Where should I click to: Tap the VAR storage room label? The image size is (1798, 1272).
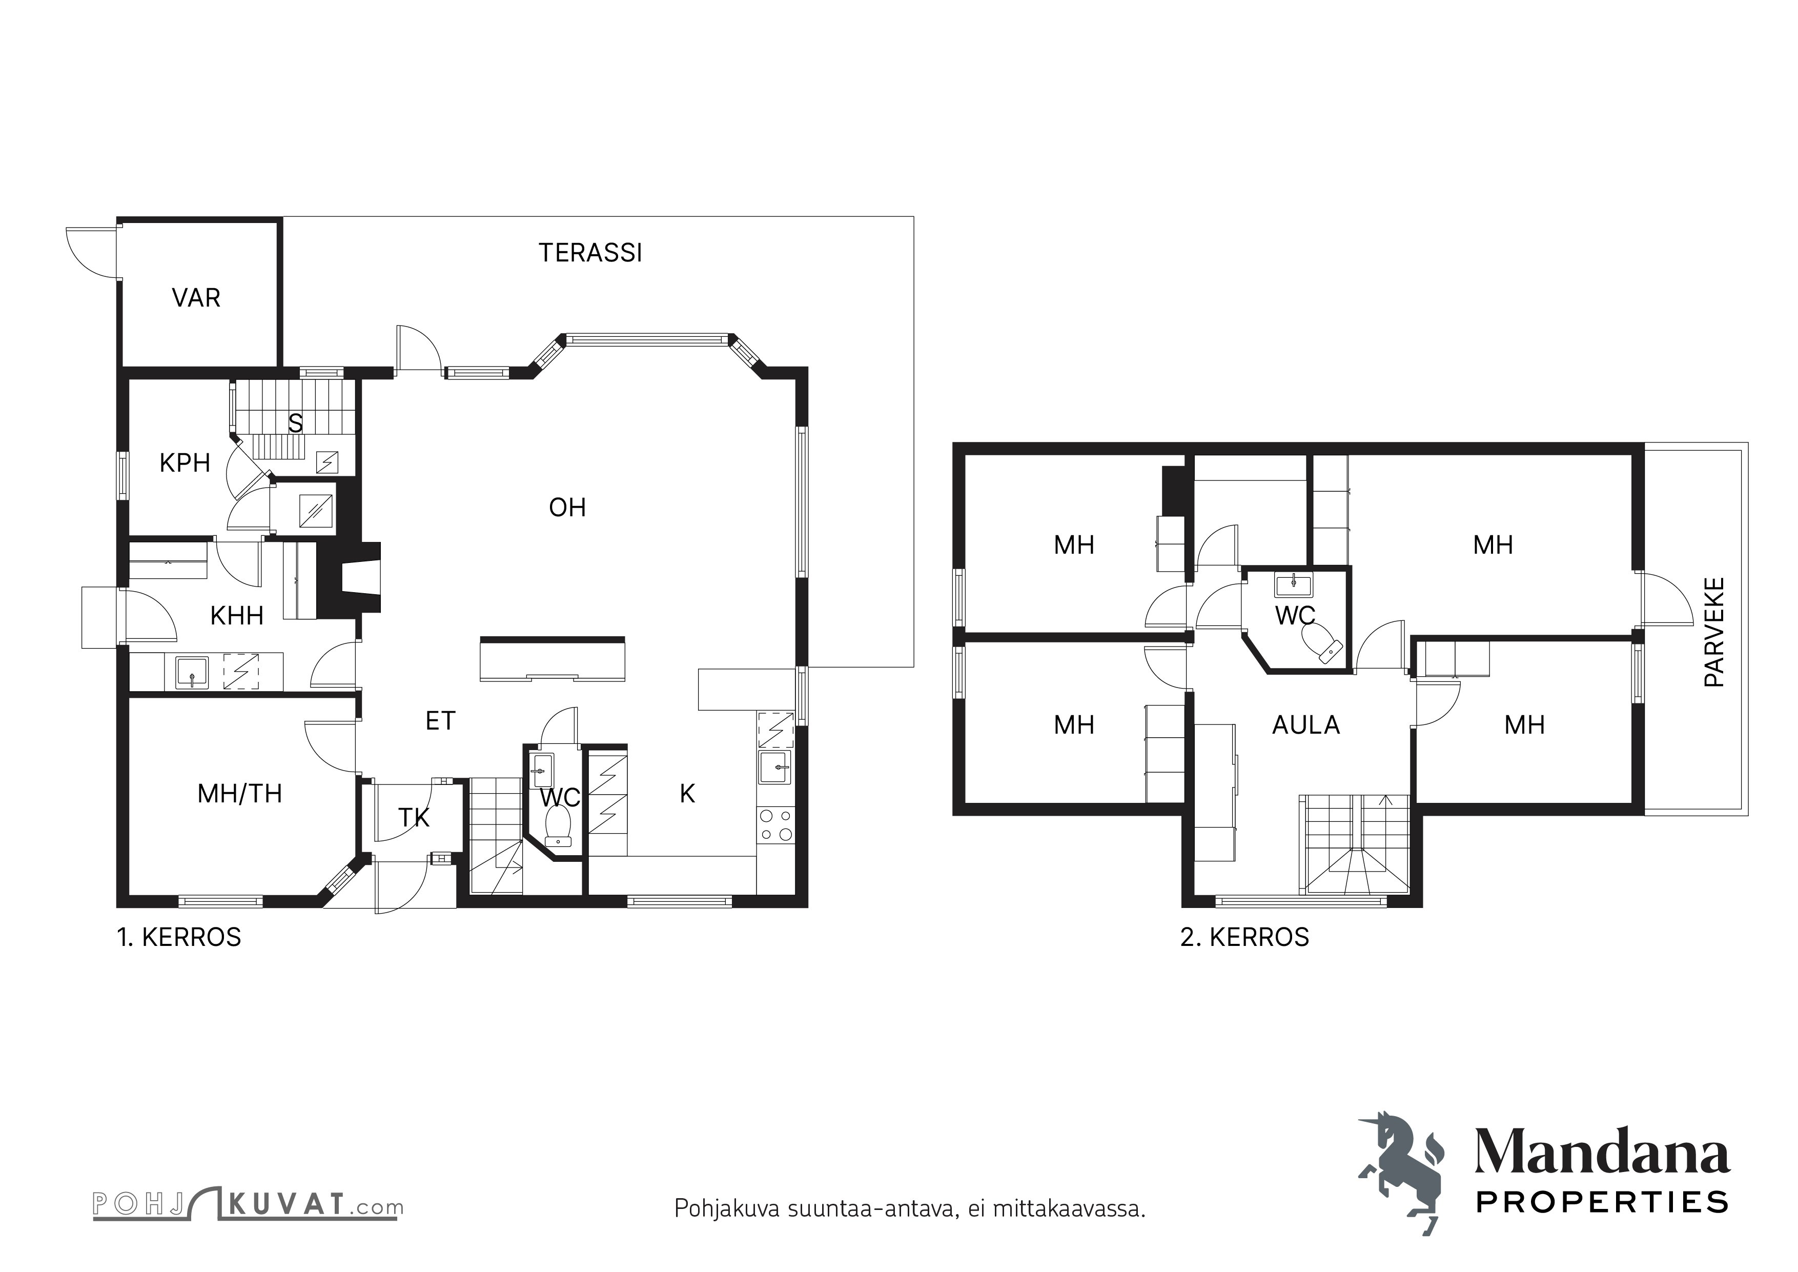coord(196,298)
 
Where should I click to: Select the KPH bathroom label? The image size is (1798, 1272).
coord(185,463)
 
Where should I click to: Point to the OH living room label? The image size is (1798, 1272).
coord(568,508)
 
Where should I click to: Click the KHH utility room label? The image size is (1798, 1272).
coord(236,616)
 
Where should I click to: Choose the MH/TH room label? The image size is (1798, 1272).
coord(240,794)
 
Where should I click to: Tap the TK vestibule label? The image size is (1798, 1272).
coord(414,818)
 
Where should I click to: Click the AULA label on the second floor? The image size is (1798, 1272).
coord(1305,725)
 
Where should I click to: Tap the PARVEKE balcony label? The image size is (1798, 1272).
coord(1714,632)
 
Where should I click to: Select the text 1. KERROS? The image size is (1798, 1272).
coord(179,938)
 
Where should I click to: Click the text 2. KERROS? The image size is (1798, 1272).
coord(1245,938)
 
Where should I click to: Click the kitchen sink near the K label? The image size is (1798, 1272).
coord(775,768)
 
